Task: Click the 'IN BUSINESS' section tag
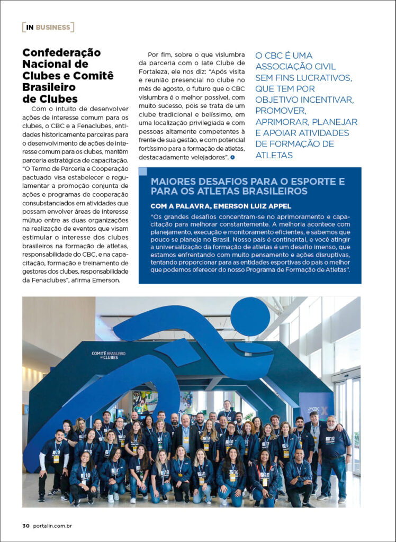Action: coord(48,27)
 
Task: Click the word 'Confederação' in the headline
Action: coord(61,53)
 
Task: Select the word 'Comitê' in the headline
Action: coord(94,76)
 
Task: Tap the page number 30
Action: coord(26,526)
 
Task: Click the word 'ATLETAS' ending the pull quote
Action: coord(275,155)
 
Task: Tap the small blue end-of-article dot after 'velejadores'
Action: coord(232,157)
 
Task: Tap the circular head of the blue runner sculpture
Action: coord(250,317)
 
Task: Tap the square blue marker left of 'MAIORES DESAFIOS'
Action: coord(142,171)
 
